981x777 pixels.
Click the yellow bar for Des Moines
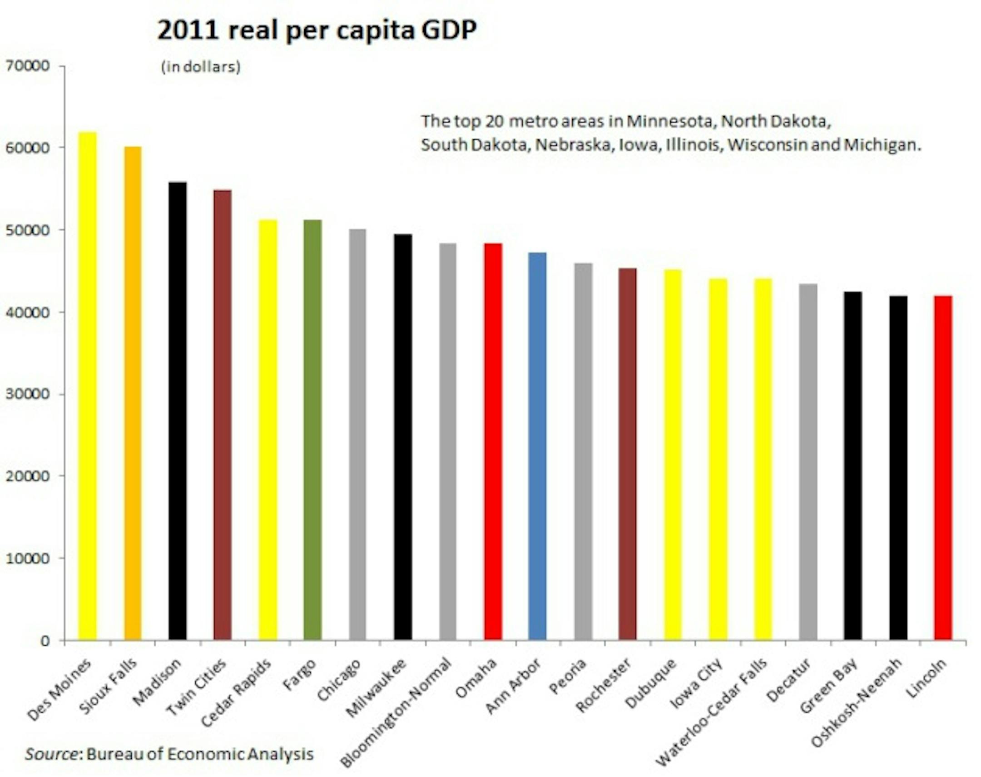(87, 386)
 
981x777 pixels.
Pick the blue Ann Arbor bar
(537, 446)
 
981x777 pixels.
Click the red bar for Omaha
(493, 441)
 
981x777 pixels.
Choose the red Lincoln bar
(943, 469)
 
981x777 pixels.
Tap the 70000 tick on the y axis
(27, 66)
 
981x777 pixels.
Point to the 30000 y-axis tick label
(27, 395)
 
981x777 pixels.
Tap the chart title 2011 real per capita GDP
(317, 31)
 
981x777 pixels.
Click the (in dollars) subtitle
(201, 67)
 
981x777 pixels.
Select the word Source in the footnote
(51, 754)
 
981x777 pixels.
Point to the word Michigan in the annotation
(882, 145)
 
